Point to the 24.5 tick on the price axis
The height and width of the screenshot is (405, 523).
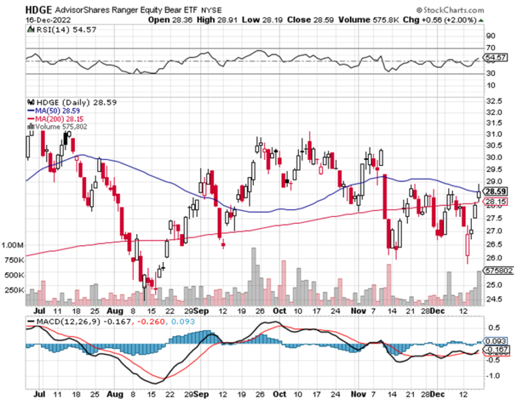[x=496, y=299]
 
